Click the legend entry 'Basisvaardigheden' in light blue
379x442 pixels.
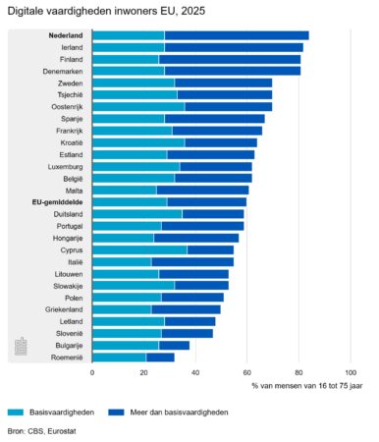click(59, 413)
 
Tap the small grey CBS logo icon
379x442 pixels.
click(21, 347)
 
